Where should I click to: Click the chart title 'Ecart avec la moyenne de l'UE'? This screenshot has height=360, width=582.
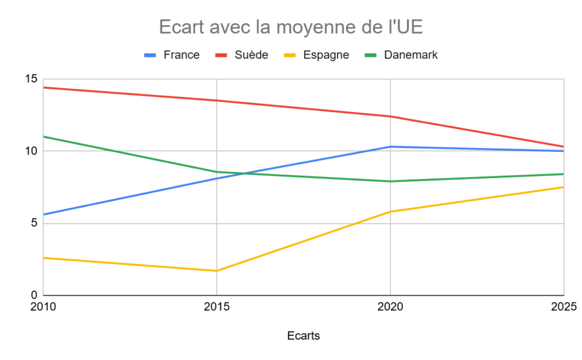click(290, 27)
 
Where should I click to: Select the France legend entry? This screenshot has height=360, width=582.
click(181, 55)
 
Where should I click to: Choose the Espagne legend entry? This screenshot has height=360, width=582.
click(326, 55)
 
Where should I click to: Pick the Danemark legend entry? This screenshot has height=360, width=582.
click(410, 55)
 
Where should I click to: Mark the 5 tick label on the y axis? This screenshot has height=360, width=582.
click(34, 224)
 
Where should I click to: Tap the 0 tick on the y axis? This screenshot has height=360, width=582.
click(34, 295)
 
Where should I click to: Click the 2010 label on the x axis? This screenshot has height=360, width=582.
click(43, 307)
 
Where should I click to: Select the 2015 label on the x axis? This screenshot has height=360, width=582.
click(217, 307)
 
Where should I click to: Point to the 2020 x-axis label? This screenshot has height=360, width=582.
click(390, 307)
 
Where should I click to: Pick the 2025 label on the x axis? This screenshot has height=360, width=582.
click(563, 307)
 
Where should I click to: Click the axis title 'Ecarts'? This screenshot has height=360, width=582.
click(304, 336)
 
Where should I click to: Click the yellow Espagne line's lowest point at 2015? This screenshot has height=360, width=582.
click(217, 271)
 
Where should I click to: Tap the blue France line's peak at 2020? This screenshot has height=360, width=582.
click(390, 147)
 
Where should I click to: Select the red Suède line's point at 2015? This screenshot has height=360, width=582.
click(217, 101)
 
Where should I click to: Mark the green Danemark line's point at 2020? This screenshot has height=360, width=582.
click(390, 181)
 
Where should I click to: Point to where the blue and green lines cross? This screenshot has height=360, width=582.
click(246, 173)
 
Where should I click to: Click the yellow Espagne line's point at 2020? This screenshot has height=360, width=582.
click(390, 212)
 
